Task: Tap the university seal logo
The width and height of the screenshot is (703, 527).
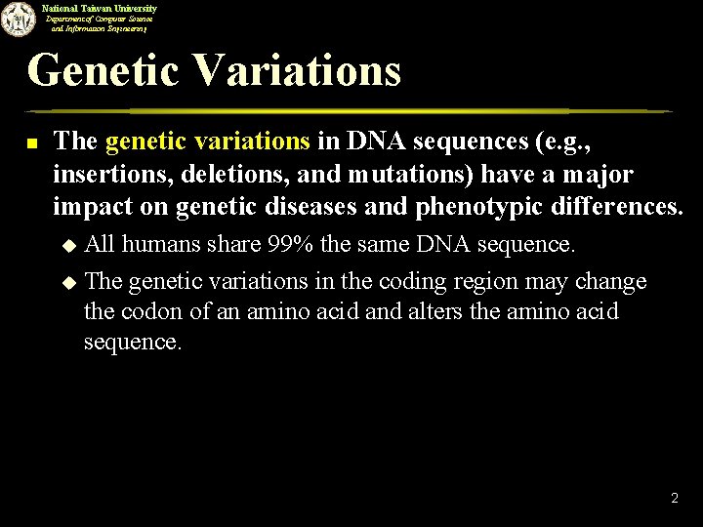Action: [17, 19]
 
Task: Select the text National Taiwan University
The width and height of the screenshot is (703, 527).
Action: [99, 8]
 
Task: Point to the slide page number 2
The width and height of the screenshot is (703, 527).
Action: [674, 499]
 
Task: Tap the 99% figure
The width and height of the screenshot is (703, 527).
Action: [290, 244]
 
